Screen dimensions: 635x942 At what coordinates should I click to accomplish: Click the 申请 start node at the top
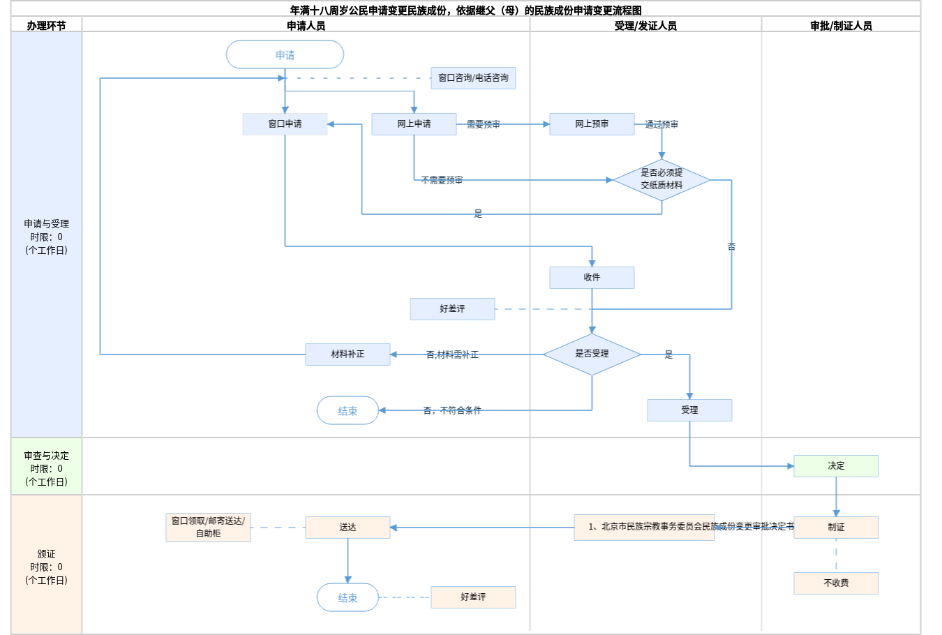[x=285, y=54]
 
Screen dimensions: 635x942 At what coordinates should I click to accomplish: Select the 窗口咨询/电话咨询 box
[x=473, y=78]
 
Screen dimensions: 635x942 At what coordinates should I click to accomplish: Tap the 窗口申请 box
[x=285, y=124]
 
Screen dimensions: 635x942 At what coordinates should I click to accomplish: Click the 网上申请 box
[x=414, y=124]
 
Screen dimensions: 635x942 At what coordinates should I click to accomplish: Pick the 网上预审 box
[x=592, y=124]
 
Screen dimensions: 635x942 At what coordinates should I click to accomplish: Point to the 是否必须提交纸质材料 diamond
[x=661, y=179]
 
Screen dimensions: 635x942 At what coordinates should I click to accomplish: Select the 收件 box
[x=592, y=278]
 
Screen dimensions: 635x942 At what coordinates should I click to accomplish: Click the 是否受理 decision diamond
[x=592, y=354]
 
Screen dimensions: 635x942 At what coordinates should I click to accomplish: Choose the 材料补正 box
[x=347, y=354]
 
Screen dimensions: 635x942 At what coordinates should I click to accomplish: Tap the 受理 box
[x=689, y=410]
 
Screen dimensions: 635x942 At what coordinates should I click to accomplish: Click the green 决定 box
[x=836, y=466]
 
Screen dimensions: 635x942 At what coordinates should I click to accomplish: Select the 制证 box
[x=836, y=528]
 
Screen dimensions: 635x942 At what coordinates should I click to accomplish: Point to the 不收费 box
[x=836, y=583]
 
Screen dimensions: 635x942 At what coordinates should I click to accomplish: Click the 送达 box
[x=347, y=528]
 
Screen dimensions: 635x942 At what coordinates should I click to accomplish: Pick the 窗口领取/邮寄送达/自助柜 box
[x=208, y=528]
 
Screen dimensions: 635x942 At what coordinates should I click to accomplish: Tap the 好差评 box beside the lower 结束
[x=473, y=597]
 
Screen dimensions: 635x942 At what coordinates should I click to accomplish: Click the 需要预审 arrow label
[x=483, y=125]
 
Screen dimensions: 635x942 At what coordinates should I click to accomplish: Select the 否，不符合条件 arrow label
[x=452, y=411]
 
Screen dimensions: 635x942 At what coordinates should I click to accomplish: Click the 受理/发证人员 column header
[x=645, y=26]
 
